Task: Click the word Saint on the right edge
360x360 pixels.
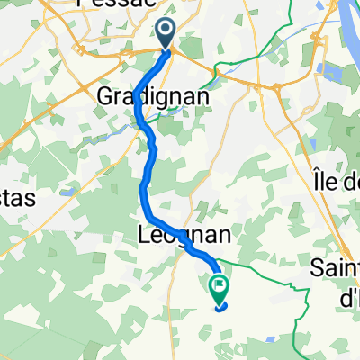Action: (x=334, y=267)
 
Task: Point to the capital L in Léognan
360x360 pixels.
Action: (x=147, y=235)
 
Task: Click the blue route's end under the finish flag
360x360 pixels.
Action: (x=219, y=305)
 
